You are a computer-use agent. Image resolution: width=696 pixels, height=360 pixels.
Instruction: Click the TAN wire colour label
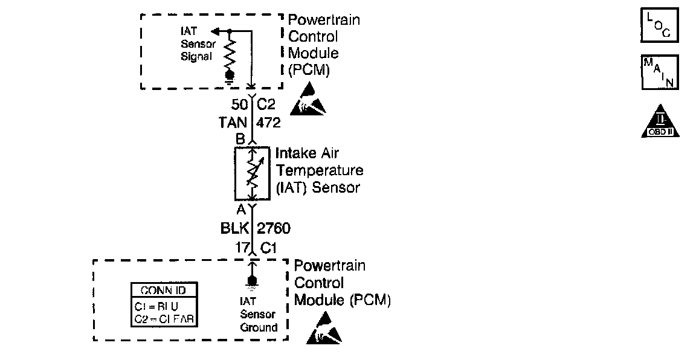tap(233, 123)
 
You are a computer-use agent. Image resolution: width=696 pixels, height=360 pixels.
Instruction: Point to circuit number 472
tap(269, 123)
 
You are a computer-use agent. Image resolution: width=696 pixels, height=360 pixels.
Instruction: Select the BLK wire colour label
tap(233, 230)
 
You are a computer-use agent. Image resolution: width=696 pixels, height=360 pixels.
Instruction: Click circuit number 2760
tap(274, 230)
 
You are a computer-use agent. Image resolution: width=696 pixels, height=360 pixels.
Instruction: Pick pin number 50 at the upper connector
tap(239, 104)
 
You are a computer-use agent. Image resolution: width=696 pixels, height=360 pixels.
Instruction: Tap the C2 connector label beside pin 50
tap(266, 104)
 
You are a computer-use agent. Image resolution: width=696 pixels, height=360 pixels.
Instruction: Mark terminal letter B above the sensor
tap(240, 138)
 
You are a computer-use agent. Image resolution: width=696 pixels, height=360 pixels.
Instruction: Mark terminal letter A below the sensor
tap(240, 210)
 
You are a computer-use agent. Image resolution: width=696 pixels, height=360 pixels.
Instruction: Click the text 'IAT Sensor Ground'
tap(259, 314)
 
